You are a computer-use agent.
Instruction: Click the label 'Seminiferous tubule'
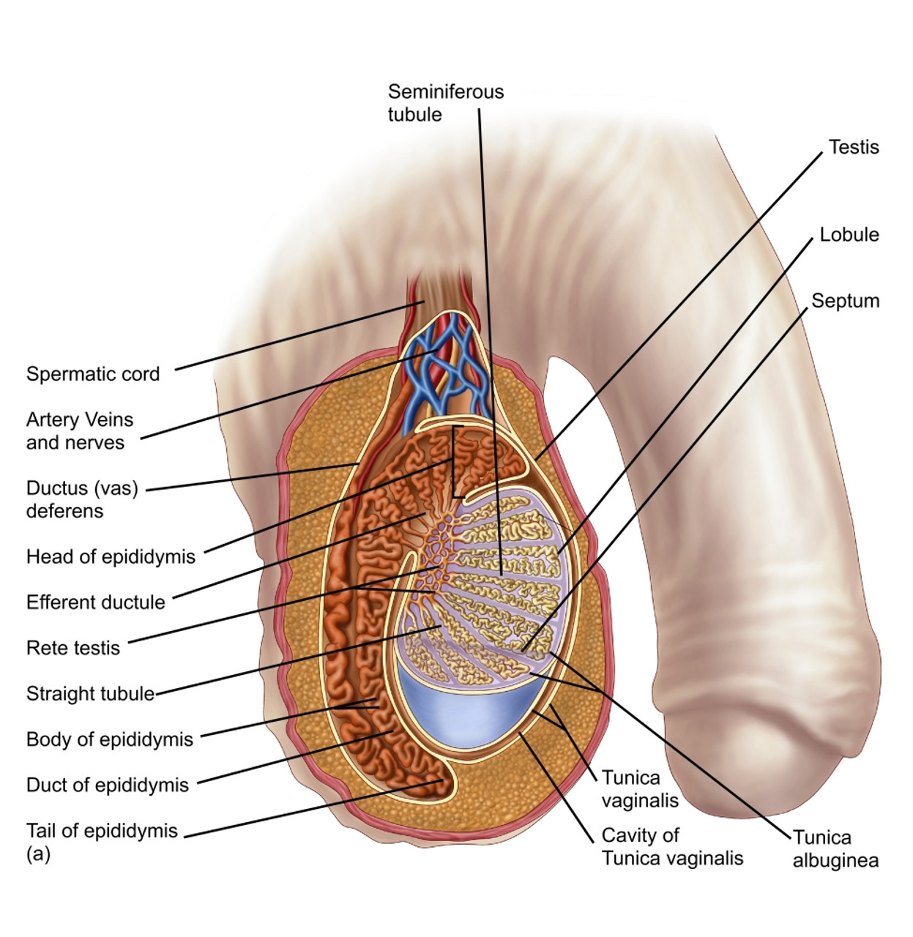click(445, 103)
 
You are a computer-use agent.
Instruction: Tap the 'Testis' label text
click(853, 147)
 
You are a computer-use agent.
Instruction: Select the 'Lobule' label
click(849, 235)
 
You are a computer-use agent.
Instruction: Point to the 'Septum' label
click(845, 301)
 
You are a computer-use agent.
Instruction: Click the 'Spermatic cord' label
click(93, 374)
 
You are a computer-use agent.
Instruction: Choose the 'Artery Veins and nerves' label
click(79, 431)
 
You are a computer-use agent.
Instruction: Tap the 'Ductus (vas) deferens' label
click(82, 499)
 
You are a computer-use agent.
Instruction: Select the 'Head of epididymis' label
click(111, 557)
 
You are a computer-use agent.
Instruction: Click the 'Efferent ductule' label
click(96, 602)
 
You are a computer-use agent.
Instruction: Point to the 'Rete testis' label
click(73, 648)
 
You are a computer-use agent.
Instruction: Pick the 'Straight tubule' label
click(90, 693)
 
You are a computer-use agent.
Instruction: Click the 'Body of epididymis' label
click(110, 739)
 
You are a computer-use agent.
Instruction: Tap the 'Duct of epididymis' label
click(108, 785)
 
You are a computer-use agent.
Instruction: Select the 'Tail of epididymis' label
click(102, 831)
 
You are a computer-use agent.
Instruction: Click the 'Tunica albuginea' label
click(835, 849)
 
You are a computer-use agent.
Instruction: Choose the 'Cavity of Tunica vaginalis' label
click(672, 847)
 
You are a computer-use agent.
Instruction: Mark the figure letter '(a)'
click(38, 854)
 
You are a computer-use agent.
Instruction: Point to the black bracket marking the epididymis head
click(455, 461)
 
